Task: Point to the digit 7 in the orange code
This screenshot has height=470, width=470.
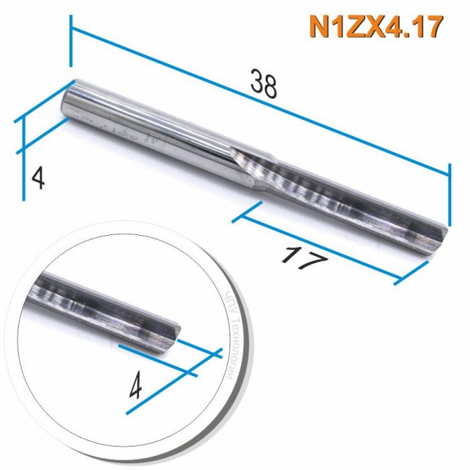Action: (433, 28)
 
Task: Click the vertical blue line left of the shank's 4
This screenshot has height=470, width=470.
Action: (24, 158)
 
